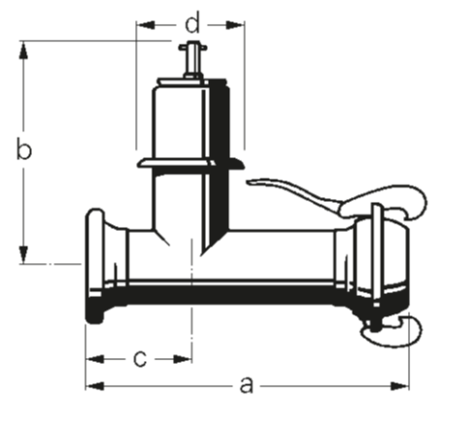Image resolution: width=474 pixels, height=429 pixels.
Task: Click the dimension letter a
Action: coord(247,385)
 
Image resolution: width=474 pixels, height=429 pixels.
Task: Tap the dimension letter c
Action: coord(140,358)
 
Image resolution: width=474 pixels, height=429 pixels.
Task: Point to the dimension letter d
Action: coord(192,21)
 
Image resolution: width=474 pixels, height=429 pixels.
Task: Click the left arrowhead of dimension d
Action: coord(142,21)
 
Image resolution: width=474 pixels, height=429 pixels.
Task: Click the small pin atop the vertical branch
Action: coord(191,57)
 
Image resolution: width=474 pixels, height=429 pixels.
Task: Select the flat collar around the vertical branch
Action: coord(189,163)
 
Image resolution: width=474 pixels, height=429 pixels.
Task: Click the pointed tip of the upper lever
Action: coord(252,181)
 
